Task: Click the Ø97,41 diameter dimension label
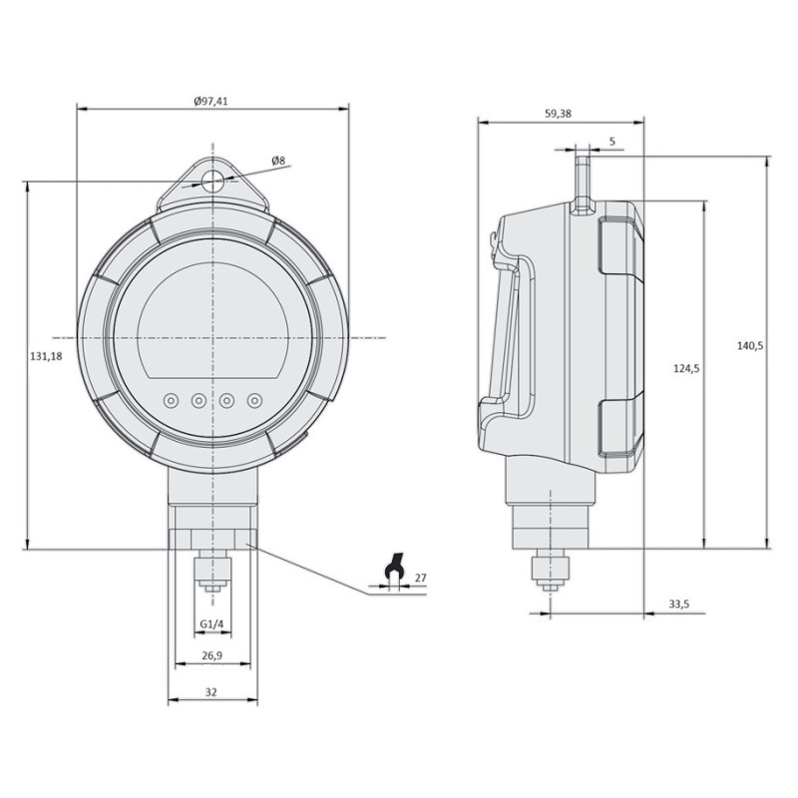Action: tap(213, 101)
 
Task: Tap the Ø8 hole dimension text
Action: tap(278, 161)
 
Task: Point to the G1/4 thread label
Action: tap(211, 624)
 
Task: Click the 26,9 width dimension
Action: tap(212, 656)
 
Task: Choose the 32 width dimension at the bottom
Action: tap(211, 691)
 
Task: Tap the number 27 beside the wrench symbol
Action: tap(420, 578)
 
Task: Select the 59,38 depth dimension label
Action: tap(559, 115)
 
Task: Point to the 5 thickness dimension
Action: tap(610, 142)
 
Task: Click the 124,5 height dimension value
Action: tap(686, 369)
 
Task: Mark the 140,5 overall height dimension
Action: tap(750, 345)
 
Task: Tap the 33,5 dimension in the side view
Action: tap(680, 603)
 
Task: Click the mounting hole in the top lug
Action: tap(213, 181)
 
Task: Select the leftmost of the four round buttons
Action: tap(172, 400)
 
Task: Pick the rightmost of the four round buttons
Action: tap(255, 400)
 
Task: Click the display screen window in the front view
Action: tap(213, 320)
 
